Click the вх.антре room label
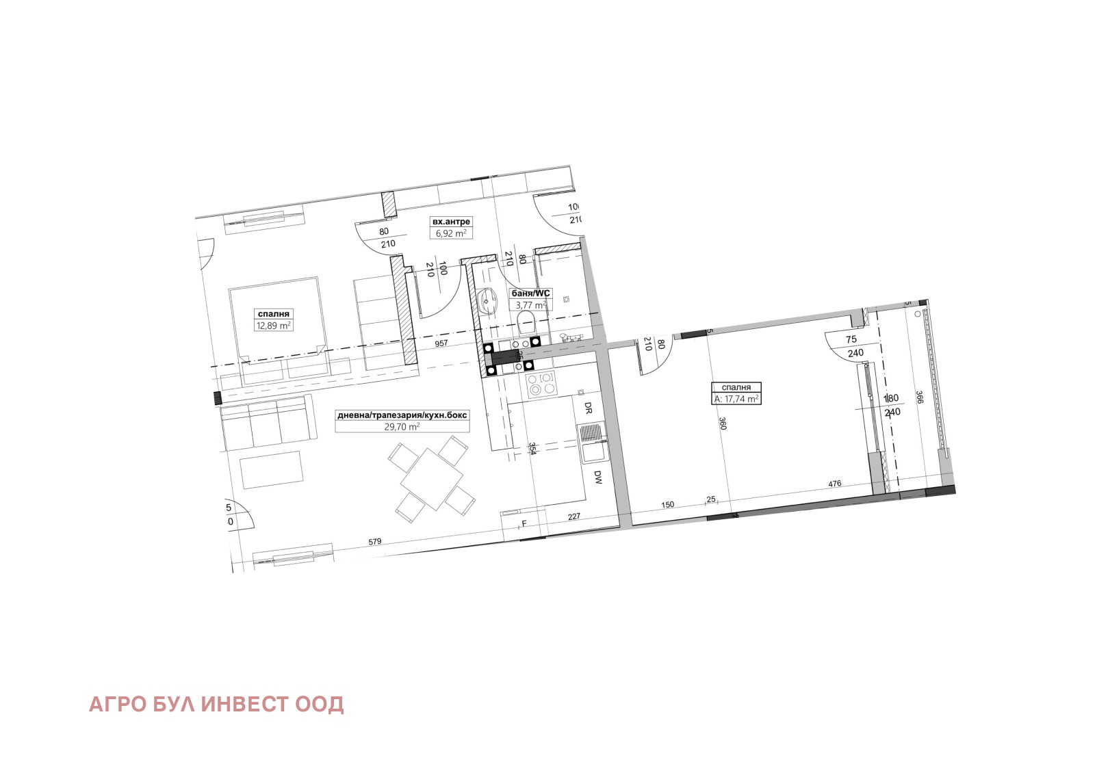(x=451, y=222)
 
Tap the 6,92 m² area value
(x=451, y=233)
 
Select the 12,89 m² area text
(x=274, y=326)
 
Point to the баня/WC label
(x=530, y=293)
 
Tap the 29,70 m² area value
(x=402, y=426)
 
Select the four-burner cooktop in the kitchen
(x=540, y=384)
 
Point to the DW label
(x=597, y=477)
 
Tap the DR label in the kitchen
(x=587, y=408)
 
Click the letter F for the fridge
(x=524, y=524)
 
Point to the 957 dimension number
(x=441, y=343)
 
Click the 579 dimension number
(x=374, y=542)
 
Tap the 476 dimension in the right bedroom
(x=834, y=484)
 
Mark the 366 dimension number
(x=919, y=397)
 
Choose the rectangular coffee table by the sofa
(x=271, y=469)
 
